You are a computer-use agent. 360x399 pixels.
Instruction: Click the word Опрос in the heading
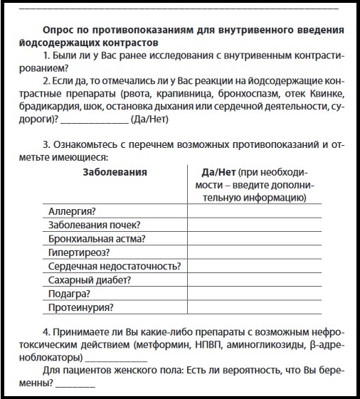[59, 31]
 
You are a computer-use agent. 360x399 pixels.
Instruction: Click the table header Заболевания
[115, 172]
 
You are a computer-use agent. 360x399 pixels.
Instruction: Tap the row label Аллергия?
[72, 211]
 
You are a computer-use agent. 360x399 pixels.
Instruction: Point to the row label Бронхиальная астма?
[97, 238]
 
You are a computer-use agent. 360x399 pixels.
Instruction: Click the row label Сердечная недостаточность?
[115, 266]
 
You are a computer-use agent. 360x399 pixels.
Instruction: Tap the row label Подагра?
[69, 294]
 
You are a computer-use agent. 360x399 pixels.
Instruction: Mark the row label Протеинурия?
[81, 308]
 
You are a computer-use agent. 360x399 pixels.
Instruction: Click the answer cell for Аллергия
[254, 211]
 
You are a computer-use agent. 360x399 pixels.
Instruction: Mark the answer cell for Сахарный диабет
[254, 280]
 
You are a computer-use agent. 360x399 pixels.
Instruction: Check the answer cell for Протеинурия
[254, 308]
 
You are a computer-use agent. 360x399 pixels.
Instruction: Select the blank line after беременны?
[75, 386]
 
